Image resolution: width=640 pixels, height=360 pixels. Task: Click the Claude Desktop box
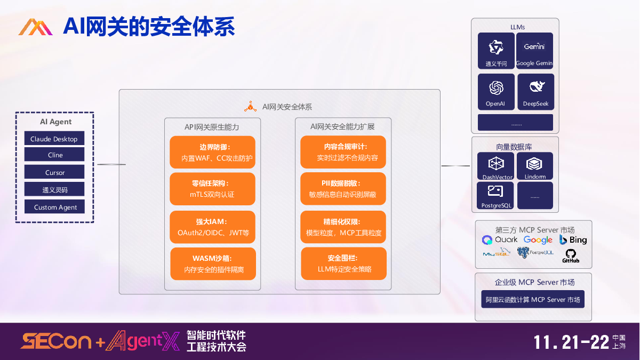pos(54,139)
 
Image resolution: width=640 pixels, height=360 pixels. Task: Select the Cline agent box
pos(54,155)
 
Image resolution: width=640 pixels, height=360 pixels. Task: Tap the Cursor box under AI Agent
pos(54,172)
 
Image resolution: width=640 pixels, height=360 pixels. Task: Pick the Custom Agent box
pos(54,206)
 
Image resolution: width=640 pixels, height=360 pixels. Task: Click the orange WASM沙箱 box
pos(213,263)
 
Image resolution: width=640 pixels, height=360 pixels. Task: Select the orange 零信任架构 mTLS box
pos(212,189)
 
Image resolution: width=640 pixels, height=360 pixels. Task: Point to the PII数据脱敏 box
pos(342,188)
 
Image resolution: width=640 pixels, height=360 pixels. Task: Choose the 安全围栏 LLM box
pos(343,263)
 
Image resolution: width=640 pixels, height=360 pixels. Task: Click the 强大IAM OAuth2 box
pos(212,227)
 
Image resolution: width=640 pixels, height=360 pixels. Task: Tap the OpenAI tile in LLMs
pos(495,92)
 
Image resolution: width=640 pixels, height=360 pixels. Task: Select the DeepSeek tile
pos(535,92)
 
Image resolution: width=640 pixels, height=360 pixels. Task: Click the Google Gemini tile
pos(534,51)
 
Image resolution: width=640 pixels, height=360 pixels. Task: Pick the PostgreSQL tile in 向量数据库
pos(495,196)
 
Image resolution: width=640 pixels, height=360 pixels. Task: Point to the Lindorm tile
pos(535,166)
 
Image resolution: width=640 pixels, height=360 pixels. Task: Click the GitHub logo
pos(571,255)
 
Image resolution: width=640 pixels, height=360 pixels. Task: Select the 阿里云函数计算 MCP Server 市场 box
pos(532,299)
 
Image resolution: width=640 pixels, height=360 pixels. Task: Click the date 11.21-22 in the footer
pos(572,342)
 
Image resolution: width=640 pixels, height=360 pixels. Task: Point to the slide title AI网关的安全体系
pos(149,26)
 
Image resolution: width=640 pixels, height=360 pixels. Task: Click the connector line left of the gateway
pos(111,164)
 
